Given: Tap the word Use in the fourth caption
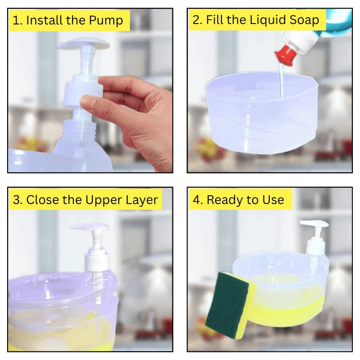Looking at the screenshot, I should click(272, 200).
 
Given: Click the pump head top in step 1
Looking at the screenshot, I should click(83, 44).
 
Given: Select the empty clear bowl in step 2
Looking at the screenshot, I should click(258, 116).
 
